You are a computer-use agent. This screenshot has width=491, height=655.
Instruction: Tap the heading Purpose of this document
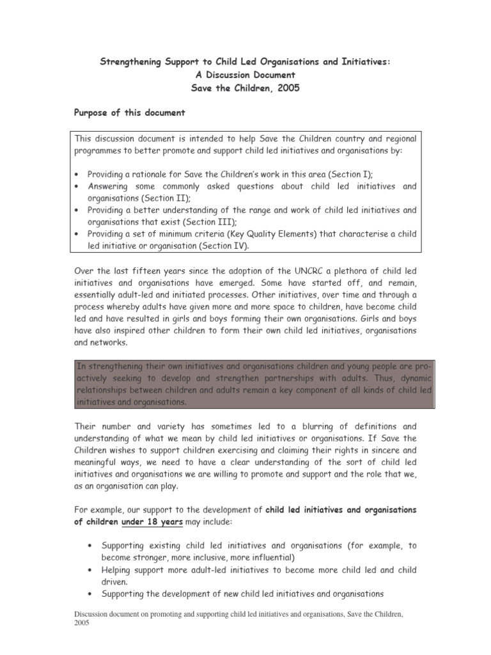click(x=130, y=113)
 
